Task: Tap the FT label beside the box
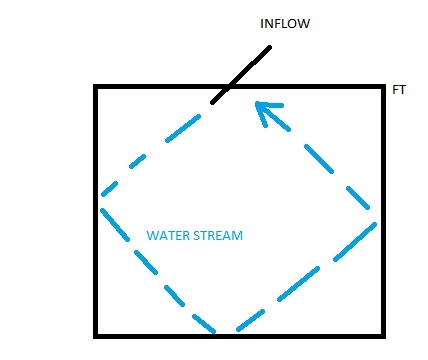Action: (x=399, y=90)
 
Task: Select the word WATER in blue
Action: (x=166, y=236)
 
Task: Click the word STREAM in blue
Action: (x=217, y=236)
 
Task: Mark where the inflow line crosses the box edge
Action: (x=226, y=88)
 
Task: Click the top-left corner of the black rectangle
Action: (x=97, y=88)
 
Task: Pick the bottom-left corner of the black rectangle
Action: (x=97, y=333)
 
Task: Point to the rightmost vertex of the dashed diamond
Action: (x=377, y=222)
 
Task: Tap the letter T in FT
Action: (x=402, y=90)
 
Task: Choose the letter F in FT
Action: (x=395, y=90)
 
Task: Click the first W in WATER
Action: (x=152, y=236)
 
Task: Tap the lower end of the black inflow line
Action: (x=211, y=102)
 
